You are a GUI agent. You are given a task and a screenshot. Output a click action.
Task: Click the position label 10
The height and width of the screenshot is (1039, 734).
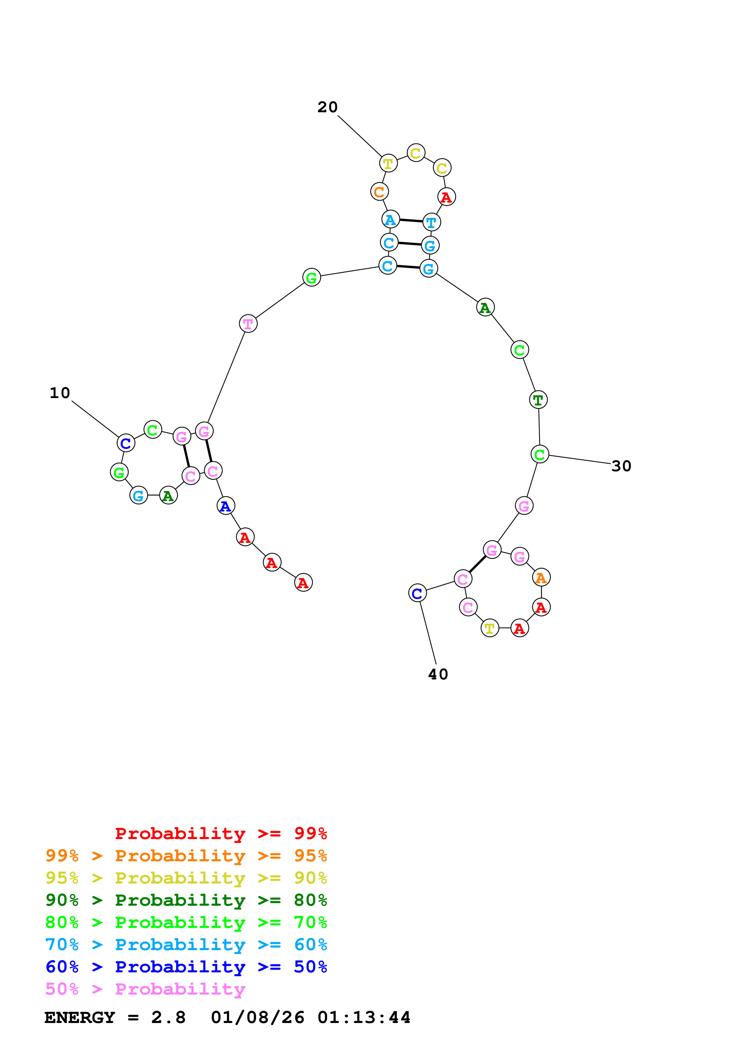(x=60, y=393)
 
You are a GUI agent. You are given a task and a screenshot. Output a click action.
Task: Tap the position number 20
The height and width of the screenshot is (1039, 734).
(x=327, y=107)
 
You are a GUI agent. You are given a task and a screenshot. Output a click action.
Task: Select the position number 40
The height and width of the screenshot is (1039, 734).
(x=438, y=674)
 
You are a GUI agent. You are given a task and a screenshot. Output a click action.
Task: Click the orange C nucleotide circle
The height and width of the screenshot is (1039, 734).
(x=379, y=192)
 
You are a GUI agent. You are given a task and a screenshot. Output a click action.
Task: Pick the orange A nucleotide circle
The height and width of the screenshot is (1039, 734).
(x=541, y=578)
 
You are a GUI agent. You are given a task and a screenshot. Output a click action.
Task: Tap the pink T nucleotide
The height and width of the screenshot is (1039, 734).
(x=248, y=323)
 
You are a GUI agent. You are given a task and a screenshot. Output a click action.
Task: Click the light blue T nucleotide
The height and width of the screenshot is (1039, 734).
(x=431, y=222)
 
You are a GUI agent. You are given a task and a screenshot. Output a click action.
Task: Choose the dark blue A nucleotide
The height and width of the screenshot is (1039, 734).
(x=225, y=506)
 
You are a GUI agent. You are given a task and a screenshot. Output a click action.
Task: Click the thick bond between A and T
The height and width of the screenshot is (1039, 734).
(x=411, y=221)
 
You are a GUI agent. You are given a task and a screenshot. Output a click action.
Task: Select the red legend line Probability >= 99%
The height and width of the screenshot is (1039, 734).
(x=221, y=833)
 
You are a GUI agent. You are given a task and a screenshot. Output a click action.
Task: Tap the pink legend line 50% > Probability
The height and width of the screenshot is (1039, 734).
(x=145, y=989)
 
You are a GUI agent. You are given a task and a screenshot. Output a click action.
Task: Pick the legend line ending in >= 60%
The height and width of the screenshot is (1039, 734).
(x=186, y=945)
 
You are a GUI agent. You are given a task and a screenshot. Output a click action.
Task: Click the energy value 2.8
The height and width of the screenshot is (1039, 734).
(x=168, y=1018)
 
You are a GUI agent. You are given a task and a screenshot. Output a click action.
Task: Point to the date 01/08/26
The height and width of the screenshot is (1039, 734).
(x=257, y=1018)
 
